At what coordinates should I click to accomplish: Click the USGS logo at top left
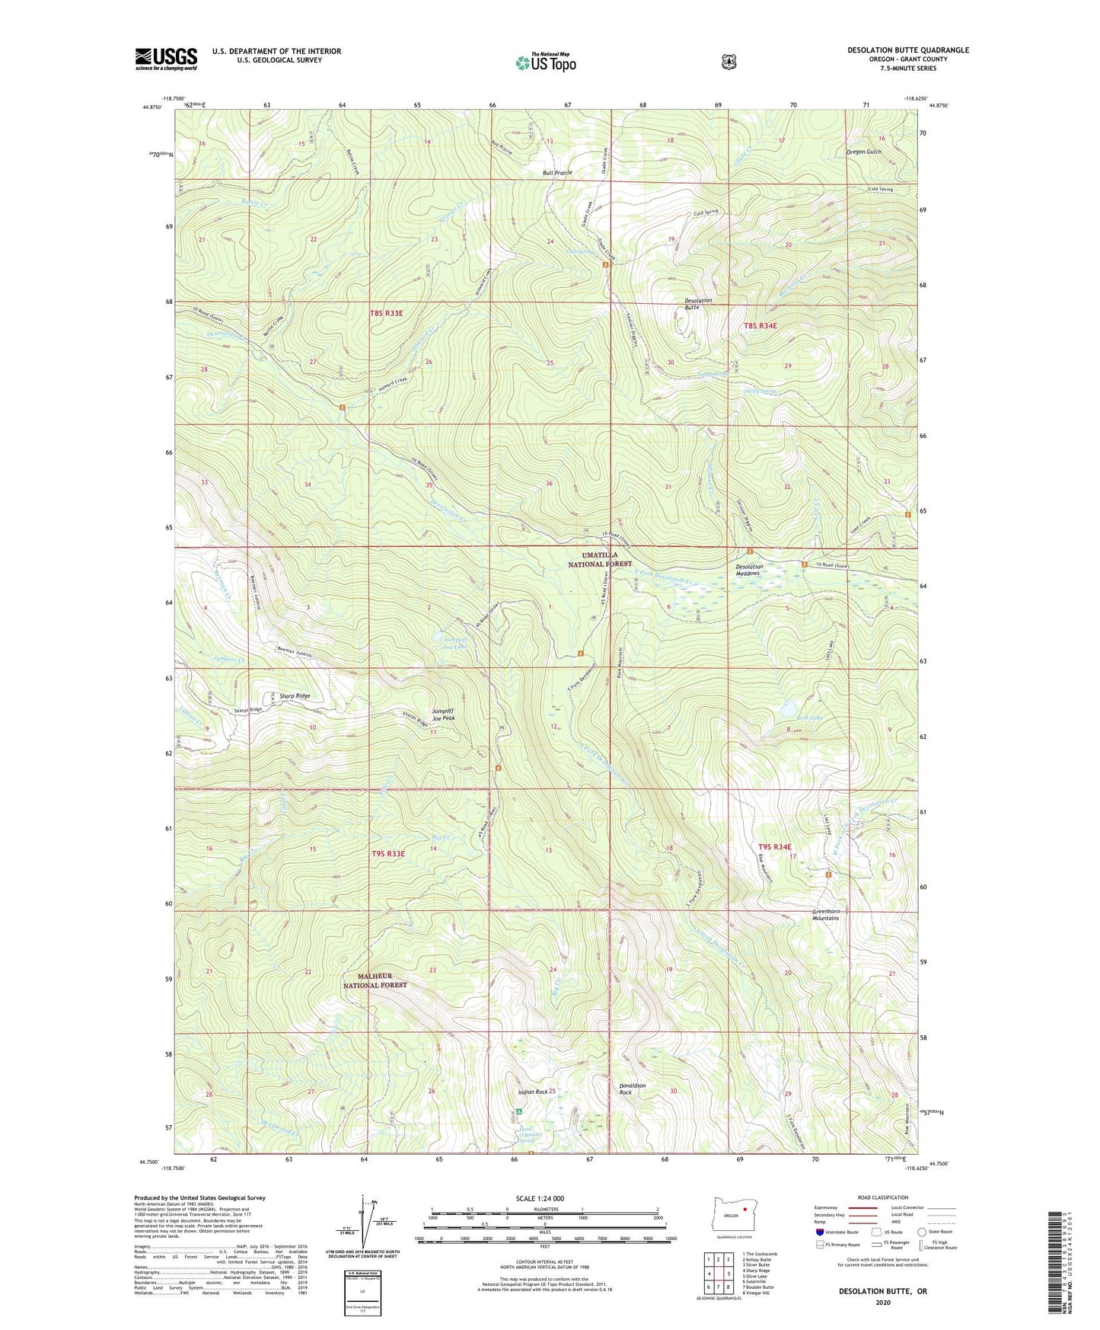(166, 59)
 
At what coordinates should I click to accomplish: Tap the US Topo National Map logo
(544, 62)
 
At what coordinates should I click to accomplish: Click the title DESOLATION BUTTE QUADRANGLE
(907, 50)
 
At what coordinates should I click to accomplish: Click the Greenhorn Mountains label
(825, 914)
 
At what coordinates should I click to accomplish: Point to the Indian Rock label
(533, 1092)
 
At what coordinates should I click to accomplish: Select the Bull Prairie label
(557, 173)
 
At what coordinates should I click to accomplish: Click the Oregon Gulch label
(863, 152)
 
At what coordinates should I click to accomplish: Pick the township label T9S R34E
(775, 847)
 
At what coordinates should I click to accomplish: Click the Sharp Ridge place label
(295, 695)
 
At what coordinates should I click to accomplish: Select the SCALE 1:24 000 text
(540, 1198)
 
